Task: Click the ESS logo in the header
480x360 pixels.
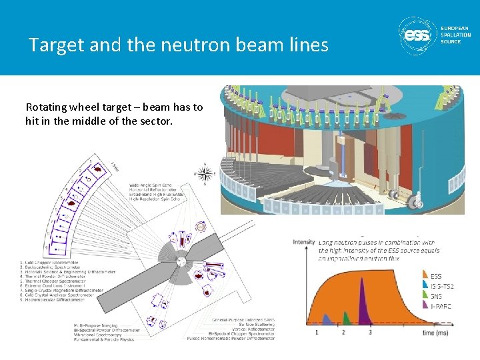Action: [418, 34]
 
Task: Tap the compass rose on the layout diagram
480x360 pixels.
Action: [207, 175]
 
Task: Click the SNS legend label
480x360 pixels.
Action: [436, 295]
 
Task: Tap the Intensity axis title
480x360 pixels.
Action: [303, 241]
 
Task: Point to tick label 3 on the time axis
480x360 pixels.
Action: [370, 331]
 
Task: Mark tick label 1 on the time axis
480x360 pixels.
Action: [317, 331]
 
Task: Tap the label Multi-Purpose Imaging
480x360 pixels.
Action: [99, 325]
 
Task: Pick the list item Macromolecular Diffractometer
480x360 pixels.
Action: [57, 300]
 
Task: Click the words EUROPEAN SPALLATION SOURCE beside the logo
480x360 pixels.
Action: [455, 34]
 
